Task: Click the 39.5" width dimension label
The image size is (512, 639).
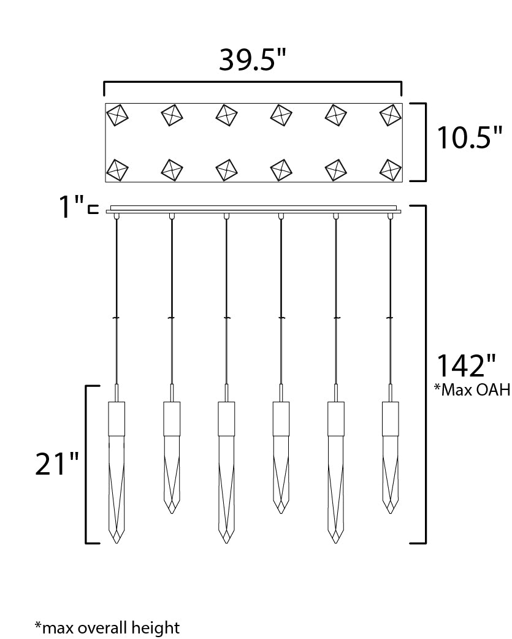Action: tap(253, 59)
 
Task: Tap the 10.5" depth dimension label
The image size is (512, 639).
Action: tap(469, 138)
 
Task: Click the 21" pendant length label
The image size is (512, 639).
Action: tap(56, 464)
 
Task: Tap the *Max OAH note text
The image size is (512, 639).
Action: tap(472, 389)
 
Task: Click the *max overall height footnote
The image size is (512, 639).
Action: tap(107, 627)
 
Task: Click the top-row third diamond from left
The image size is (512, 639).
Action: tap(227, 114)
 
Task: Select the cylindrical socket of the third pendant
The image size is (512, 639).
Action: tap(227, 417)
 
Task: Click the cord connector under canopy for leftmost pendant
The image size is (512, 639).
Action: tap(117, 216)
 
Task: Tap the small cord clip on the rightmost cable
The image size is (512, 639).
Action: tap(390, 318)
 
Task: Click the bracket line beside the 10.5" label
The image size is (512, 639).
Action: tap(425, 142)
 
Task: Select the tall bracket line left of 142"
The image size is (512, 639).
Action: tap(425, 374)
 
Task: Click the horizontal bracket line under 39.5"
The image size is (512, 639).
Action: tap(253, 82)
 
